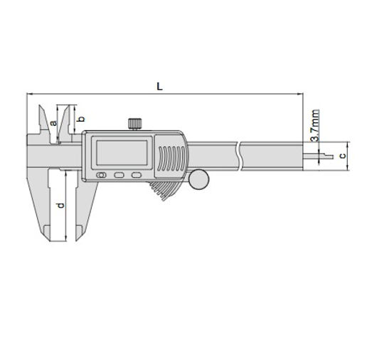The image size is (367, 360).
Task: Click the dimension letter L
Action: pyautogui.click(x=160, y=85)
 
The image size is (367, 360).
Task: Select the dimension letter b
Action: pyautogui.click(x=82, y=118)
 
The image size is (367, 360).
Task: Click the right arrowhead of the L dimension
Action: pyautogui.click(x=302, y=94)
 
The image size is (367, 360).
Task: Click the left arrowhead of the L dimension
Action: pyautogui.click(x=28, y=94)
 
